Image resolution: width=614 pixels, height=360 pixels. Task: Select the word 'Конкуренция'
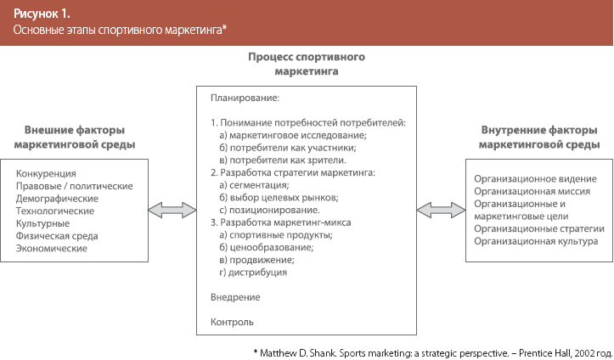coord(46,173)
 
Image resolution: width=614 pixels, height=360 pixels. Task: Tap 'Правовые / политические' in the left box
coord(75,186)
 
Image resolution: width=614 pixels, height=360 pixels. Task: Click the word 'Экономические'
coord(51,249)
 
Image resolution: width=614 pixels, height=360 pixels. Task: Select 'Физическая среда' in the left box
coord(57,236)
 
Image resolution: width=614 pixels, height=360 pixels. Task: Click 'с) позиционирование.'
coord(269,210)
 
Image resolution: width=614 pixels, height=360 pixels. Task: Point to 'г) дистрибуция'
coord(253,272)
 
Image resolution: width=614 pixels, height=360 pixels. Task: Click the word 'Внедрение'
coord(234,297)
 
